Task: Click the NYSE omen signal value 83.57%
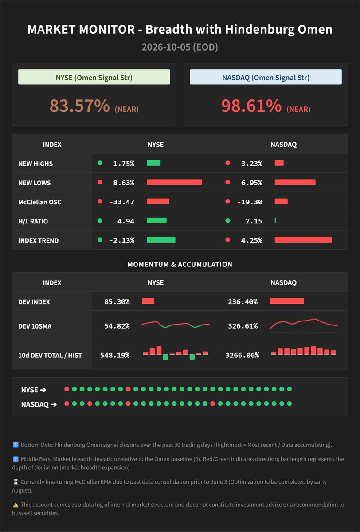click(x=79, y=106)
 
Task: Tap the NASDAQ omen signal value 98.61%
click(x=251, y=106)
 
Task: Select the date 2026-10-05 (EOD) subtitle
click(x=180, y=47)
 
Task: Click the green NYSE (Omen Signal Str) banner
click(x=94, y=77)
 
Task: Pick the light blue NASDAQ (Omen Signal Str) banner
click(x=266, y=77)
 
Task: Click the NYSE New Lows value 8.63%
click(x=124, y=183)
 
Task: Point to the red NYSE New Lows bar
click(x=174, y=182)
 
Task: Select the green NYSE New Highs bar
click(x=154, y=163)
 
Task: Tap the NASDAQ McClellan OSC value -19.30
click(x=250, y=202)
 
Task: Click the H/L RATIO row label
click(x=33, y=221)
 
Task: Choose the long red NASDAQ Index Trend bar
click(x=303, y=240)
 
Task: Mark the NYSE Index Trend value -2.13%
click(x=122, y=240)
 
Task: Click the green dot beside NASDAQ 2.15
click(x=228, y=221)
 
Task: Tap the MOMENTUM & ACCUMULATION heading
click(x=180, y=264)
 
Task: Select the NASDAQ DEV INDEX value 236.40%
click(x=243, y=302)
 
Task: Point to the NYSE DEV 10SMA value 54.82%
click(x=117, y=326)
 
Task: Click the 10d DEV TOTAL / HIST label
click(x=50, y=355)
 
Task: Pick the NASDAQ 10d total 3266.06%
click(x=242, y=355)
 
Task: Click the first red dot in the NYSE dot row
click(x=67, y=389)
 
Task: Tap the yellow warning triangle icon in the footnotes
click(x=16, y=505)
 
